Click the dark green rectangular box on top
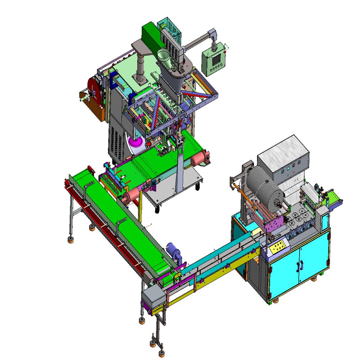[151, 33]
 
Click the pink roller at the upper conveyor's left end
[131, 198]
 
